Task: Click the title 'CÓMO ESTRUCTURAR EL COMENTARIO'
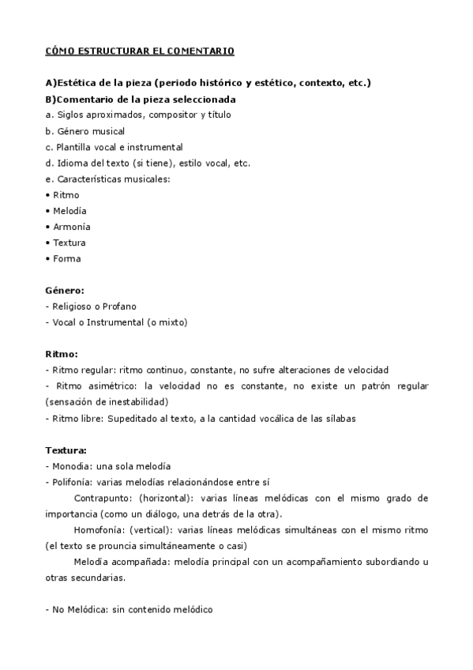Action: tap(140, 51)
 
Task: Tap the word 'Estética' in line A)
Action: tap(77, 83)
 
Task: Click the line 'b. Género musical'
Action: tap(85, 131)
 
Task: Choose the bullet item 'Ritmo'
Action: tap(66, 195)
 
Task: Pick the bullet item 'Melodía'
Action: tap(69, 211)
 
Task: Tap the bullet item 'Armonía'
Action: tap(71, 227)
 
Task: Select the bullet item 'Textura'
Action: tap(69, 243)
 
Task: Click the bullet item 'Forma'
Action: tap(66, 258)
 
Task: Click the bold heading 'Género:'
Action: tap(65, 291)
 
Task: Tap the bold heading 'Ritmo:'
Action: tap(62, 354)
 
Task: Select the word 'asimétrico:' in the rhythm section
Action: tap(114, 386)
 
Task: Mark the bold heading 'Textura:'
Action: tap(66, 450)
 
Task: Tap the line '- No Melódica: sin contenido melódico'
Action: tap(130, 609)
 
